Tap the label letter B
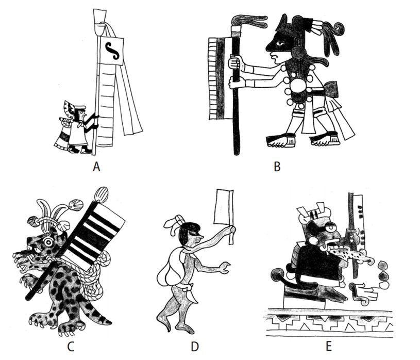coord(277,166)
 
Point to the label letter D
coord(194,346)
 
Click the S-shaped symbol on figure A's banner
coord(112,50)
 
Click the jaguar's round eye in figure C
coord(49,241)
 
